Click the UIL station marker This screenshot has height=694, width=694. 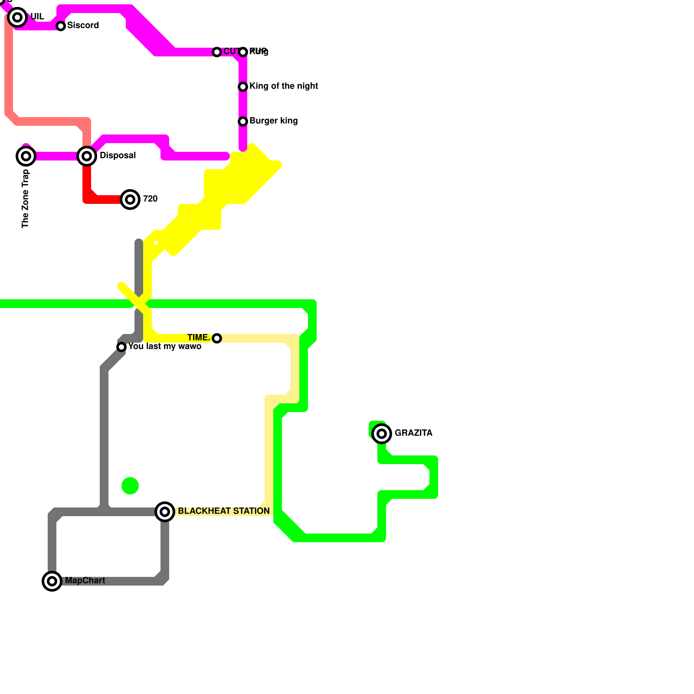[x=17, y=17]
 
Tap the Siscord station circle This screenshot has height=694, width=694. [x=61, y=26]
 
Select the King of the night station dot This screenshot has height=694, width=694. [x=243, y=87]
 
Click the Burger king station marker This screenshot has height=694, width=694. [x=243, y=121]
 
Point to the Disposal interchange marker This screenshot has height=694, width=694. [x=87, y=156]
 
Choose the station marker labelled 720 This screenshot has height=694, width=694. [x=130, y=200]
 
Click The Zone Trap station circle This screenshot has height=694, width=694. [x=26, y=156]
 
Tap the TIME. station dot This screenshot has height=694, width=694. [x=217, y=338]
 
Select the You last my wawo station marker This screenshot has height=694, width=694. [x=121, y=347]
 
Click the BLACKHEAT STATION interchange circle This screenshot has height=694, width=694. [x=165, y=512]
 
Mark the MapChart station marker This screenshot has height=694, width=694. [x=52, y=581]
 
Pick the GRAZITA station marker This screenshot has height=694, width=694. [x=382, y=433]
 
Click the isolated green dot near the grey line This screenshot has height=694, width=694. [x=130, y=486]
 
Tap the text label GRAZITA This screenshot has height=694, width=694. [x=413, y=433]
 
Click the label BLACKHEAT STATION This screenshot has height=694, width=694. [x=224, y=511]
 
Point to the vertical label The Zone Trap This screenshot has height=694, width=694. [x=25, y=199]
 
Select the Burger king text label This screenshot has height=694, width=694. [x=273, y=121]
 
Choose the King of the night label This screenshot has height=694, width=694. [x=284, y=86]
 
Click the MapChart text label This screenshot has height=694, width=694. [x=85, y=580]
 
